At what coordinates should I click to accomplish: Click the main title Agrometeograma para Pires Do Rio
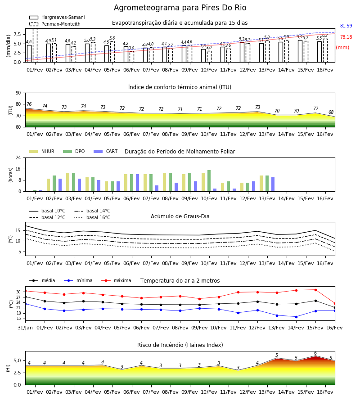pyautogui.click(x=180, y=8)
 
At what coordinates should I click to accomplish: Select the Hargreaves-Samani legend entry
pyautogui.click(x=57, y=17)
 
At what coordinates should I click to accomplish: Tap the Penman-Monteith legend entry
pyautogui.click(x=55, y=24)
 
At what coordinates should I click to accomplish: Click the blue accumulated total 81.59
pyautogui.click(x=346, y=26)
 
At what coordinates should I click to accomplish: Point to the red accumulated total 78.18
pyautogui.click(x=346, y=37)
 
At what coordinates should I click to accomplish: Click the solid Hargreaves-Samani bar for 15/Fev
pyautogui.click(x=300, y=51)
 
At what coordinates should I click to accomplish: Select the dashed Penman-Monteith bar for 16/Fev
pyautogui.click(x=325, y=50)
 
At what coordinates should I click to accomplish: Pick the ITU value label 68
pyautogui.click(x=331, y=112)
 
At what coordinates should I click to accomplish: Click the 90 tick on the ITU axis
pyautogui.click(x=18, y=93)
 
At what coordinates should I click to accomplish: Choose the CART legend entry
pyautogui.click(x=106, y=151)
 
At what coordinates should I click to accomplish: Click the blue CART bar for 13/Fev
pyautogui.click(x=273, y=184)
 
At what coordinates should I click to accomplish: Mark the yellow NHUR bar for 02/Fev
pyautogui.click(x=48, y=185)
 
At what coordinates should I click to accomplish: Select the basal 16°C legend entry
pyautogui.click(x=92, y=217)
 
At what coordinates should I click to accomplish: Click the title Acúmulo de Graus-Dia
pyautogui.click(x=180, y=216)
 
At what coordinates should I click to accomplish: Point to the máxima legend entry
pyautogui.click(x=116, y=280)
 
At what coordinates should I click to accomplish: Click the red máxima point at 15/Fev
pyautogui.click(x=315, y=290)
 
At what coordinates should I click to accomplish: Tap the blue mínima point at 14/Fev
pyautogui.click(x=296, y=317)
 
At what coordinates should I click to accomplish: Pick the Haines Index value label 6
pyautogui.click(x=315, y=353)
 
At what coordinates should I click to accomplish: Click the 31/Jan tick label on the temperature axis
pyautogui.click(x=25, y=328)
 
